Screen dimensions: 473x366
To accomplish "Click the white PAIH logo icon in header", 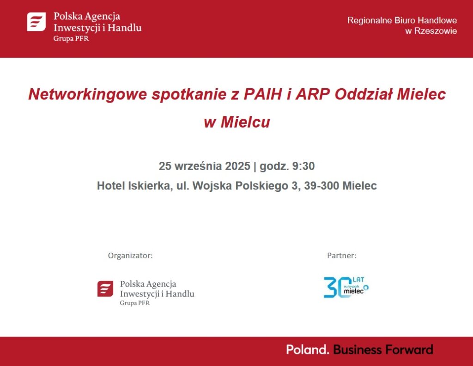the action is coord(36,22).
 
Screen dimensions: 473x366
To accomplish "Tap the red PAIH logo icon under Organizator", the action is coord(105,289).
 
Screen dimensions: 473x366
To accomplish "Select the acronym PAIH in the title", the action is coord(263,94).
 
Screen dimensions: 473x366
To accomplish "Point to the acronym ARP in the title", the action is coord(313,94).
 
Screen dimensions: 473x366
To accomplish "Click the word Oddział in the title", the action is coord(364,94).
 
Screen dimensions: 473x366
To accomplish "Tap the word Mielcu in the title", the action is coord(245,122).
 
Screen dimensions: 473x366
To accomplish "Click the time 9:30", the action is coord(303,166).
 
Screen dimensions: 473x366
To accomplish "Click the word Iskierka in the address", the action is coord(151,186).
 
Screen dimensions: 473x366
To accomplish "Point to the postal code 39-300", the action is coord(321,186).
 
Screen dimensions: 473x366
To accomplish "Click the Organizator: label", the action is coord(130,256).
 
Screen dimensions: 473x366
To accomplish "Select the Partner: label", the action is coord(341,256).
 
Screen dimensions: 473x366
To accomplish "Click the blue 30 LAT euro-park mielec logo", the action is coord(346,287).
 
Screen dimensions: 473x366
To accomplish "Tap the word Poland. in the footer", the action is coord(308,349).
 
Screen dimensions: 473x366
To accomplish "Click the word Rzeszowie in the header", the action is coord(435,31).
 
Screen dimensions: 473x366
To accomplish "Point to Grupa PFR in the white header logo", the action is coord(71,39).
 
